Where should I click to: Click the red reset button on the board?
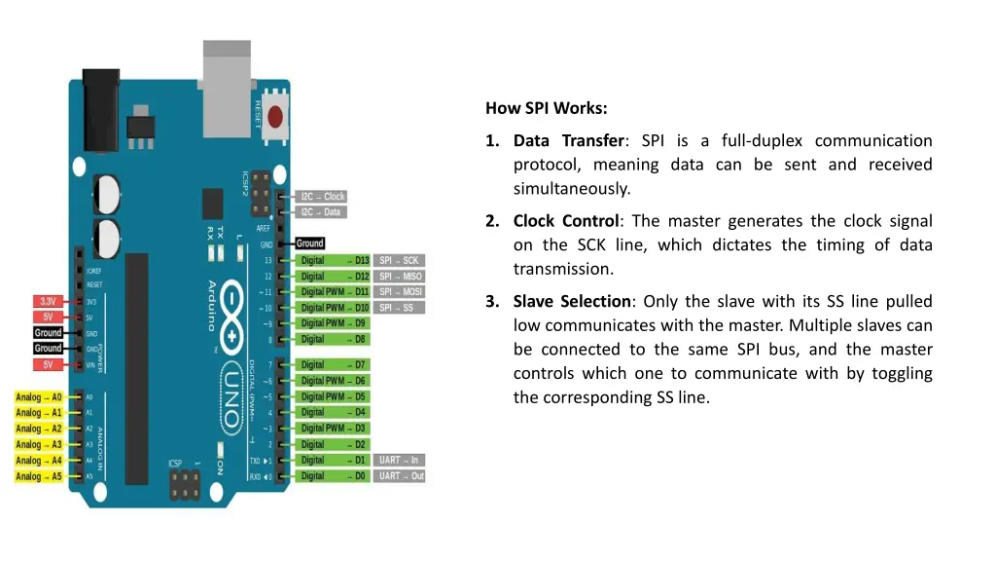(275, 116)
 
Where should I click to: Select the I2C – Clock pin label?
(322, 197)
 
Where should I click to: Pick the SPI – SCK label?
(399, 260)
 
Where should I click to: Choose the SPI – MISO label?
(401, 276)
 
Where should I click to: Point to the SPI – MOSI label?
(401, 291)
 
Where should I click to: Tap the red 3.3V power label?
(47, 301)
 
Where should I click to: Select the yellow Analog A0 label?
(39, 397)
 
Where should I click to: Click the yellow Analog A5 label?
(39, 476)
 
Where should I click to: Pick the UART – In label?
(399, 460)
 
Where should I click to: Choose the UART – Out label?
(401, 476)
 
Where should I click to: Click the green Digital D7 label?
(334, 364)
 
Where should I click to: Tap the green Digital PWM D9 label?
(334, 323)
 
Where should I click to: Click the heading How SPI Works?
(547, 108)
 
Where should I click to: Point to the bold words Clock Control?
(566, 220)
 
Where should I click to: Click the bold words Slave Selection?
(573, 301)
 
